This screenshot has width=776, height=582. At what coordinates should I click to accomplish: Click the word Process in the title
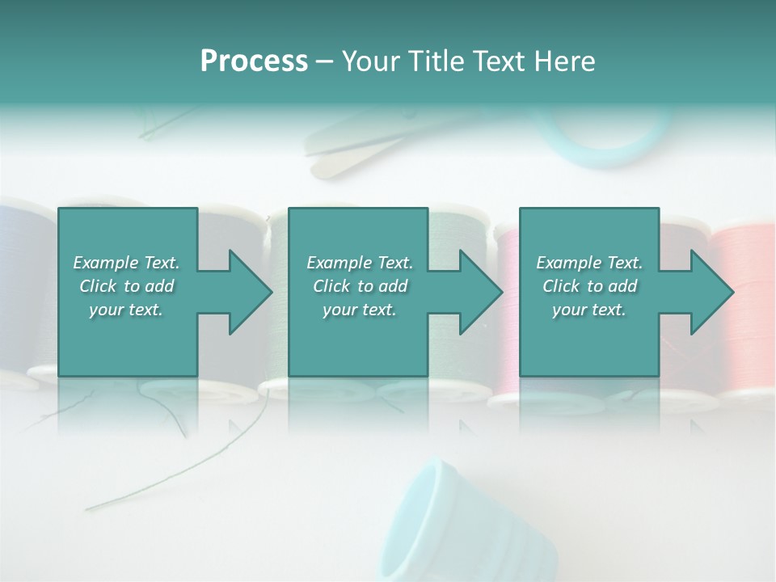point(254,61)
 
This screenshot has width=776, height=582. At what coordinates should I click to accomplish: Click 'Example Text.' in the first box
point(126,263)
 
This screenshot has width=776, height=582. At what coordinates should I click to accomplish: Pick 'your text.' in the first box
point(126,310)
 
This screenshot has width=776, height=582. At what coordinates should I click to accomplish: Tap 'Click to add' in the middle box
point(360,286)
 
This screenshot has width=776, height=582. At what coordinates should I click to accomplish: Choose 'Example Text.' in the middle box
point(360,263)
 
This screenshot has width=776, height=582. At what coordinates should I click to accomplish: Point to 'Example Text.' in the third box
point(589,263)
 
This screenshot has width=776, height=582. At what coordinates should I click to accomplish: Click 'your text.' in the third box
point(589,310)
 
